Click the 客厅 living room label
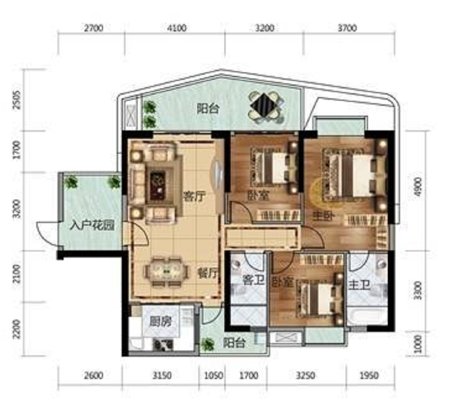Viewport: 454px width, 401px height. point(194,197)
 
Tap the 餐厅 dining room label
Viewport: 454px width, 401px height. point(207,273)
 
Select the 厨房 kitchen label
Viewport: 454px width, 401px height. point(160,321)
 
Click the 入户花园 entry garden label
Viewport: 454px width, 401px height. point(92,225)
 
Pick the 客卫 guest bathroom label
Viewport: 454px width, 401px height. point(253,280)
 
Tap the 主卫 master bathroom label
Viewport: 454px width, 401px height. point(359,285)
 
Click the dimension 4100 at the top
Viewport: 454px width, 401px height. point(177,28)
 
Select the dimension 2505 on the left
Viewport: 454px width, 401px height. point(17,100)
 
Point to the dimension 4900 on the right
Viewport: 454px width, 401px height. point(418,187)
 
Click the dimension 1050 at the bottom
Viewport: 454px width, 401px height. point(213,376)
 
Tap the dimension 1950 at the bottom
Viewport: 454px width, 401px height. point(369,376)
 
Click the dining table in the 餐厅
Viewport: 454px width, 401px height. point(166,272)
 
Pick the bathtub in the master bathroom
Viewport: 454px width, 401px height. point(367,317)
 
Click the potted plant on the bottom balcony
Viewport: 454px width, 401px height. point(207,344)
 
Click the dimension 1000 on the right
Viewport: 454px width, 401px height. point(418,344)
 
